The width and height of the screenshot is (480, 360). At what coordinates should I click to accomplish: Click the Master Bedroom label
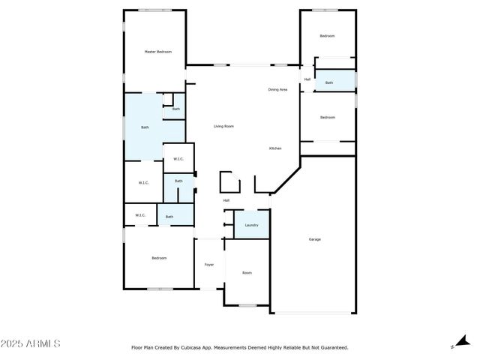158,52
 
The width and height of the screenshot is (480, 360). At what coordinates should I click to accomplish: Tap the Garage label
315,239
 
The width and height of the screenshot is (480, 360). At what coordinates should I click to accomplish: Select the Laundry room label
251,225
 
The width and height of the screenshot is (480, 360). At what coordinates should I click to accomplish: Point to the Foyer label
209,264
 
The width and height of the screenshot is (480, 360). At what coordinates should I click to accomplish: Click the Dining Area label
278,90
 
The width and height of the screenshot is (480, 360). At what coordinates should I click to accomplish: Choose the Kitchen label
275,148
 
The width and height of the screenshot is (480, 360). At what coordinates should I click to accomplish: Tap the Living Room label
223,126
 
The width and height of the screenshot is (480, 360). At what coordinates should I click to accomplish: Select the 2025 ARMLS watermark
31,343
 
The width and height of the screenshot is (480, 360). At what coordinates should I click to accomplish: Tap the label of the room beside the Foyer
247,272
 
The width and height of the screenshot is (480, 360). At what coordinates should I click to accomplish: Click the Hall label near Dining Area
307,79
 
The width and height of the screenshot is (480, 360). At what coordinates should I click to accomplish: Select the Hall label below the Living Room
226,200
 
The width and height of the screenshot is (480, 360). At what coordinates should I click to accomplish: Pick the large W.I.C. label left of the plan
144,182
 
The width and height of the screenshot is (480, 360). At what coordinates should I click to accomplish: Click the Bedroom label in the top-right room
328,36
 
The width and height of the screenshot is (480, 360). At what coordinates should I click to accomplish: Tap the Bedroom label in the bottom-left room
159,258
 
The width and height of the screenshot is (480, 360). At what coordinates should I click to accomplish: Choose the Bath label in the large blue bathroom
145,127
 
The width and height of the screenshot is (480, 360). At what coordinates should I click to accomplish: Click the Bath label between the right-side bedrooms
329,82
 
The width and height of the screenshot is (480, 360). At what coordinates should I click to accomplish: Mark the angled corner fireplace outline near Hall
229,183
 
